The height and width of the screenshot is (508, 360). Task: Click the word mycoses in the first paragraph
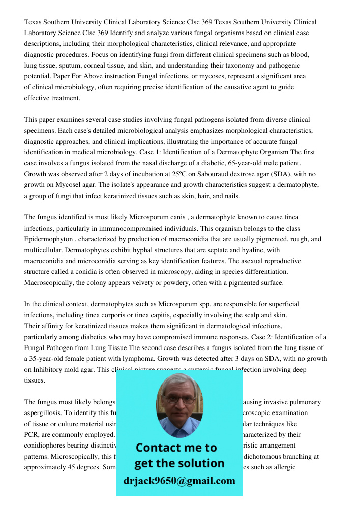209,76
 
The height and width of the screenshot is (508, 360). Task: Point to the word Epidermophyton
48,239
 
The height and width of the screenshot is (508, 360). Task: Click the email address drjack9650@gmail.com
179,481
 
